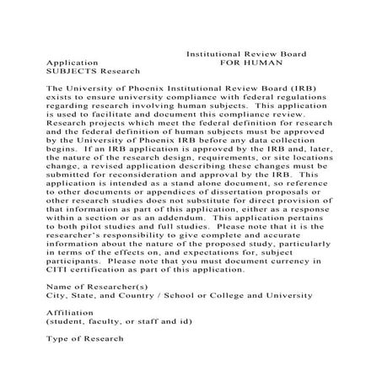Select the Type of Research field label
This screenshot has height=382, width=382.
point(84,339)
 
